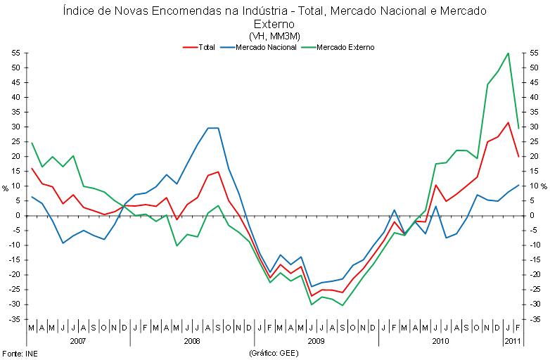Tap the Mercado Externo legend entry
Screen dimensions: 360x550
[x=345, y=47]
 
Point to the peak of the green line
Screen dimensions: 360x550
[x=508, y=53]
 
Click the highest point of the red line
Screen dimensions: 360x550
[x=508, y=122]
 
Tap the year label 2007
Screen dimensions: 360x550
[x=77, y=341]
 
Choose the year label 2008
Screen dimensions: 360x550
[x=192, y=341]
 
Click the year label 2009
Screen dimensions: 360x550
[x=316, y=341]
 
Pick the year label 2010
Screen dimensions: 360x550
[x=440, y=341]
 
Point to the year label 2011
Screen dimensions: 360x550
[x=513, y=341]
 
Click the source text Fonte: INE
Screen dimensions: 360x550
[x=18, y=352]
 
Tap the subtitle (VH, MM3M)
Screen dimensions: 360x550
[x=274, y=36]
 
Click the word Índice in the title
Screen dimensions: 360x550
[x=77, y=11]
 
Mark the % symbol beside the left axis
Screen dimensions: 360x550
[x=5, y=188]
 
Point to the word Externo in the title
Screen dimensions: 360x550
[x=274, y=24]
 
